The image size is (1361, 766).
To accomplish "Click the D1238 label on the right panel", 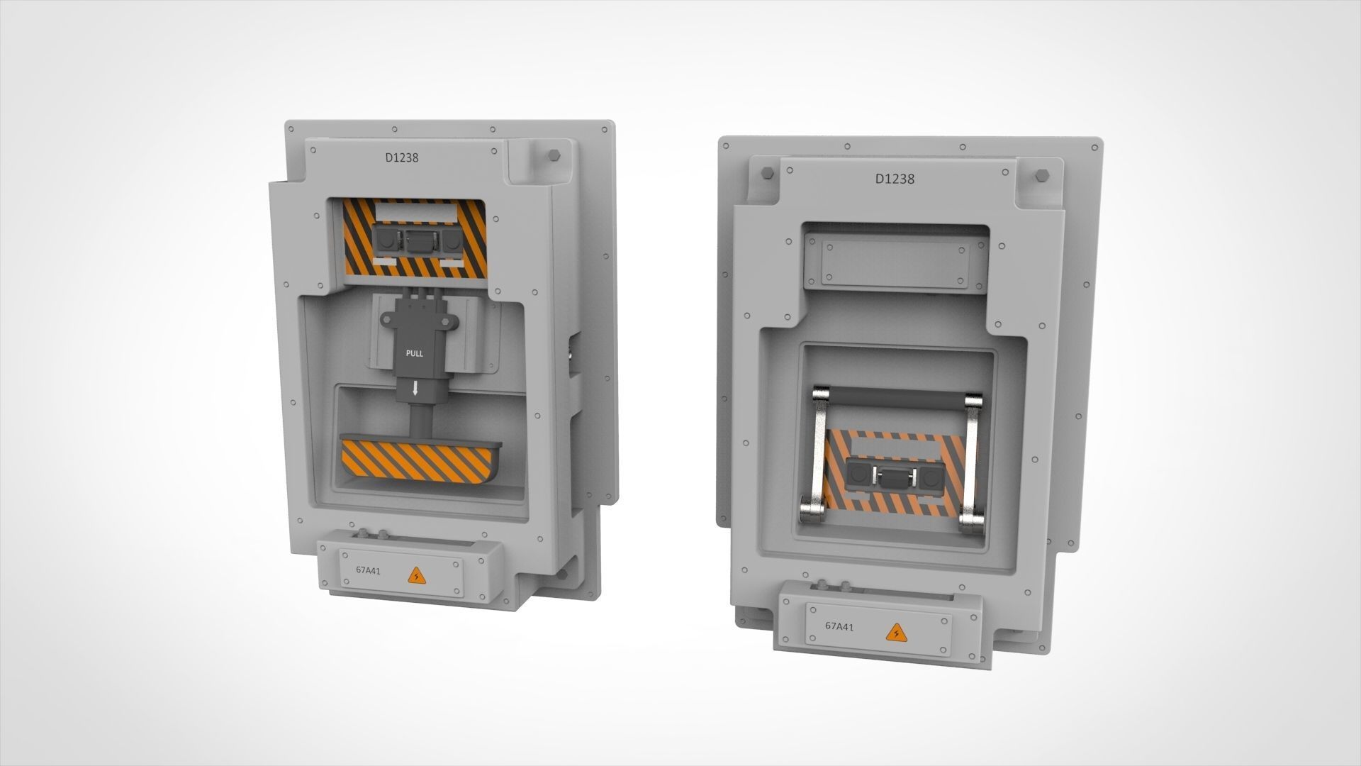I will click(x=895, y=179).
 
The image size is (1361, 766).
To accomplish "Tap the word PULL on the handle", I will click(x=414, y=353).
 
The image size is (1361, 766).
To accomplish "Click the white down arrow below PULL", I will click(x=415, y=388).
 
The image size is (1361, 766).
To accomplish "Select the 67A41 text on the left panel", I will click(x=368, y=570).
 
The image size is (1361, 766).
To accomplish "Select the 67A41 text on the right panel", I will click(x=839, y=626).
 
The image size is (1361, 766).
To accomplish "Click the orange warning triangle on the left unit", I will click(x=414, y=575).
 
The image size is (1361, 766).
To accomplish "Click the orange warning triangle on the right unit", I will click(x=895, y=631).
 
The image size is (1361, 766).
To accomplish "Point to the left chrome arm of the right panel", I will click(x=815, y=454).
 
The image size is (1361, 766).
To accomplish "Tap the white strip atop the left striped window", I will click(x=414, y=211).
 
